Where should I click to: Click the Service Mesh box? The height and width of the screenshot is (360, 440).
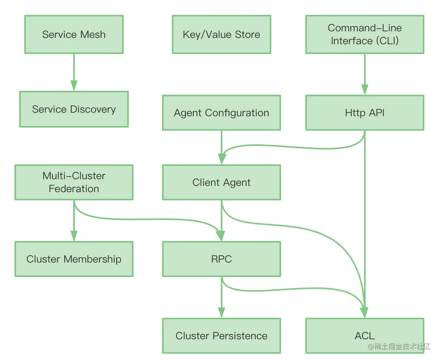tap(74, 34)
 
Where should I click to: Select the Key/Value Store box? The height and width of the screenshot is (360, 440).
tap(221, 34)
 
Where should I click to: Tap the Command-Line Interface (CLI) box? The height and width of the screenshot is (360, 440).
tap(364, 34)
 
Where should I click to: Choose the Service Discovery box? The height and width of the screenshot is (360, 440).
tap(74, 109)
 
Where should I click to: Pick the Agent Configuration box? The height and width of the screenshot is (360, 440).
tap(221, 113)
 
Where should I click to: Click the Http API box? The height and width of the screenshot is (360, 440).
tap(364, 113)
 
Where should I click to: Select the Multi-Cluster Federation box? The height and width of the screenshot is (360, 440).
tap(74, 182)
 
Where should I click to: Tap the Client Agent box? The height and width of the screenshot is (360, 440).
tap(221, 182)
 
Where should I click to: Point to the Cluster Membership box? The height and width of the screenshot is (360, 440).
tap(74, 259)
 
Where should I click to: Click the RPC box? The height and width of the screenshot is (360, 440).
tap(221, 259)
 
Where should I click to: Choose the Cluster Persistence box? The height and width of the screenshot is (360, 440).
tap(221, 335)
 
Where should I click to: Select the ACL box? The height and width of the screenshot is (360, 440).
tap(364, 335)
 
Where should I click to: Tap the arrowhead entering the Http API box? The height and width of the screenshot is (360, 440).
tap(364, 90)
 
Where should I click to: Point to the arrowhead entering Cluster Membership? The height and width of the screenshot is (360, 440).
tap(74, 236)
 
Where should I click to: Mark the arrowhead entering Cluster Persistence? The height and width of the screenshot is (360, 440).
tap(222, 313)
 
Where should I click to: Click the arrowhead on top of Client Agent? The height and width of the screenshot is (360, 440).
tap(222, 159)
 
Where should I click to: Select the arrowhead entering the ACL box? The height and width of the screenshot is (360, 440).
tap(364, 312)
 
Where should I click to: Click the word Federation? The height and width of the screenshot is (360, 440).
tap(74, 189)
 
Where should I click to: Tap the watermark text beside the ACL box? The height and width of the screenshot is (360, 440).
tap(399, 347)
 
